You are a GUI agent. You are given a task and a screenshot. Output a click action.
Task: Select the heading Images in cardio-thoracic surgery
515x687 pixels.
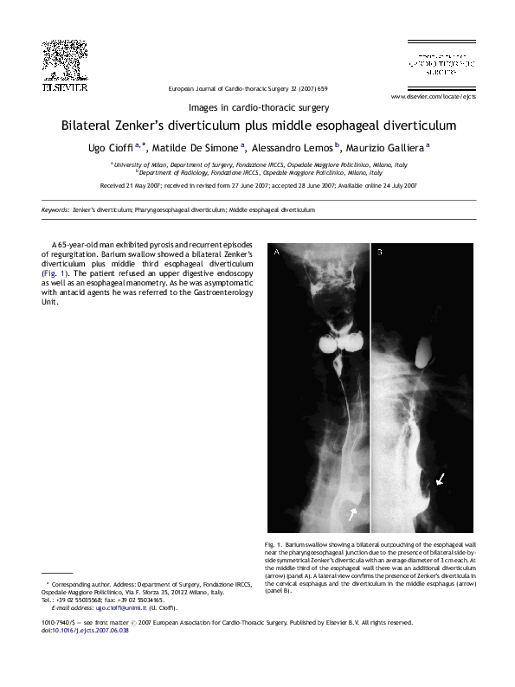(x=257, y=108)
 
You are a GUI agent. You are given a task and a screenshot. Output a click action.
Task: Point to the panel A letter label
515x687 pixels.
(x=277, y=253)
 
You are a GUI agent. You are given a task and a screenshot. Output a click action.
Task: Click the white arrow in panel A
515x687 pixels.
(x=352, y=514)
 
